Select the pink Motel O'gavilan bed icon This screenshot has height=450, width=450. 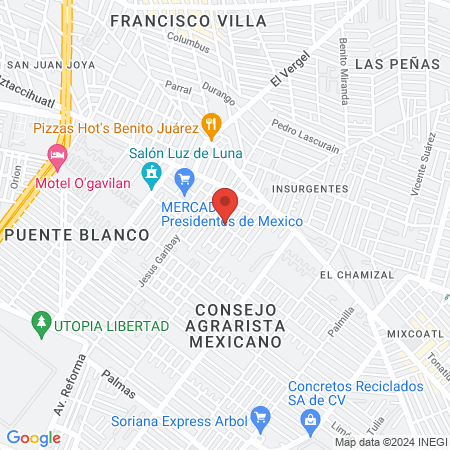pyautogui.click(x=57, y=155)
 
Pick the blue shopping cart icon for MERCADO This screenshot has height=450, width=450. pyautogui.click(x=184, y=180)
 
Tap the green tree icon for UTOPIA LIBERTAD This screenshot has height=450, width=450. pyautogui.click(x=41, y=323)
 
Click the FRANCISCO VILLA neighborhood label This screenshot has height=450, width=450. pyautogui.click(x=188, y=20)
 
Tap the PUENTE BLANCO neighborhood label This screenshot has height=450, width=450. pyautogui.click(x=76, y=234)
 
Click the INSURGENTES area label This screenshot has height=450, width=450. pyautogui.click(x=311, y=188)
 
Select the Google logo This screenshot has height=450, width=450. pyautogui.click(x=33, y=437)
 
